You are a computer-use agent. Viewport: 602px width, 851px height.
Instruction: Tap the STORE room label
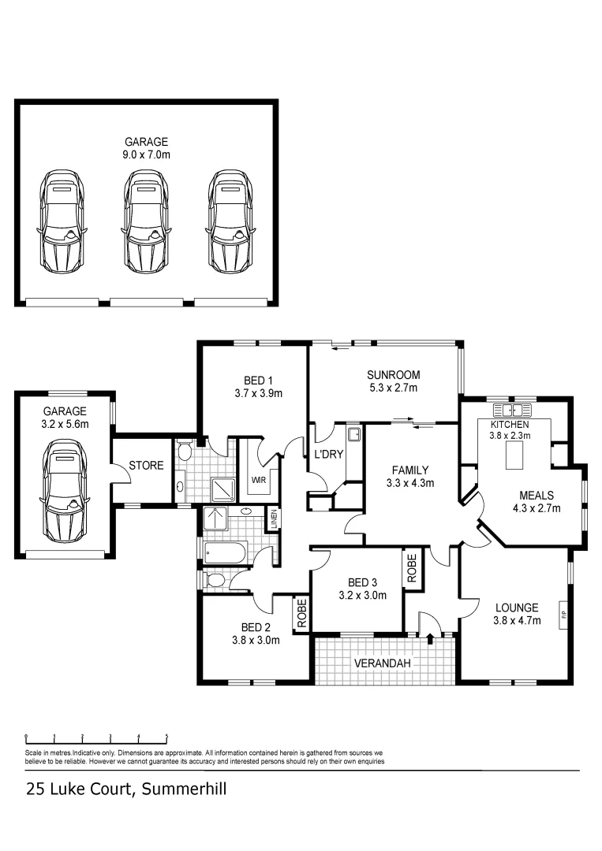pos(145,466)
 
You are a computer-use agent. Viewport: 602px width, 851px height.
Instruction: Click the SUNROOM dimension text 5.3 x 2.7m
pos(392,388)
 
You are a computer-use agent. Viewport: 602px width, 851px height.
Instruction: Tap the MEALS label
pos(536,496)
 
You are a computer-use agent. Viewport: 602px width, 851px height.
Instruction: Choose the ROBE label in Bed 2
pos(301,615)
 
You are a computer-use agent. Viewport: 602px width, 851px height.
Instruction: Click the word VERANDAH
pos(383,663)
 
